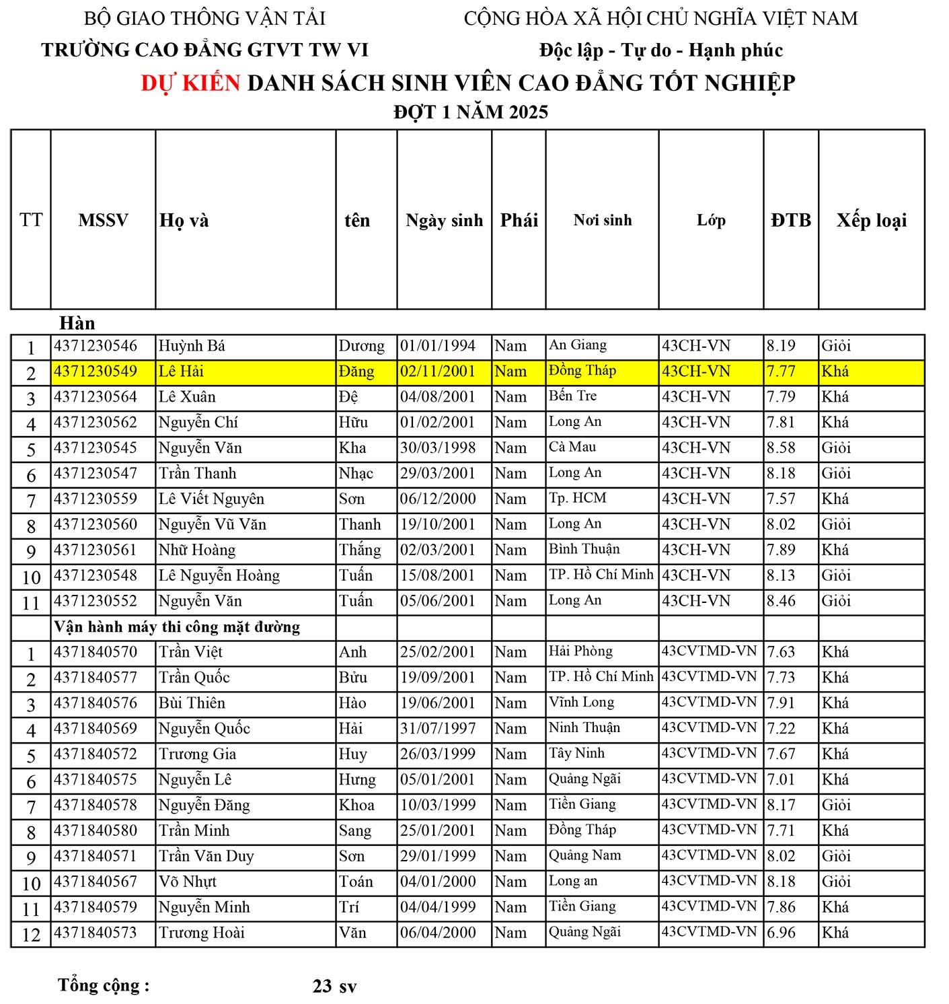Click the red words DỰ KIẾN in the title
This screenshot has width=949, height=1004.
pyautogui.click(x=190, y=83)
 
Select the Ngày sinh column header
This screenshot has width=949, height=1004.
pyautogui.click(x=444, y=220)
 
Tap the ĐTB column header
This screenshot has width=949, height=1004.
pyautogui.click(x=791, y=220)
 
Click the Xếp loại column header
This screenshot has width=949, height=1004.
pyautogui.click(x=871, y=220)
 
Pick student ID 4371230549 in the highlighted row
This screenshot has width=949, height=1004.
pyautogui.click(x=96, y=371)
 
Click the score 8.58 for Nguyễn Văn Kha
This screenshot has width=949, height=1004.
pyautogui.click(x=781, y=448)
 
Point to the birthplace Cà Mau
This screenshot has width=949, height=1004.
pyautogui.click(x=572, y=447)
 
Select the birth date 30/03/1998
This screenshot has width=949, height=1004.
pyautogui.click(x=438, y=448)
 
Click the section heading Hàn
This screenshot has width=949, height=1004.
pyautogui.click(x=77, y=323)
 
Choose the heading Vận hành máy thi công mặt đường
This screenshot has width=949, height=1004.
pyautogui.click(x=177, y=627)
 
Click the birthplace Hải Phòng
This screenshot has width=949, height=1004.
pyautogui.click(x=580, y=651)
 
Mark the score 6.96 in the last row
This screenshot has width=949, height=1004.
pyautogui.click(x=781, y=933)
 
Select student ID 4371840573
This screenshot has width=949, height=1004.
pyautogui.click(x=96, y=933)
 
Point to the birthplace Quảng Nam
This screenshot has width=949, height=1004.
pyautogui.click(x=584, y=855)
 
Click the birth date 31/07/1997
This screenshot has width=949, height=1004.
pyautogui.click(x=438, y=729)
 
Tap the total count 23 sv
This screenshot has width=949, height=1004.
pyautogui.click(x=334, y=987)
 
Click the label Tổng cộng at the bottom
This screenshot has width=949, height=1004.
pyautogui.click(x=104, y=985)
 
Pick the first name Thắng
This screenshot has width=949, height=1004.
pyautogui.click(x=360, y=550)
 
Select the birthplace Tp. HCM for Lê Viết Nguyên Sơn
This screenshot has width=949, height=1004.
pyautogui.click(x=577, y=499)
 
